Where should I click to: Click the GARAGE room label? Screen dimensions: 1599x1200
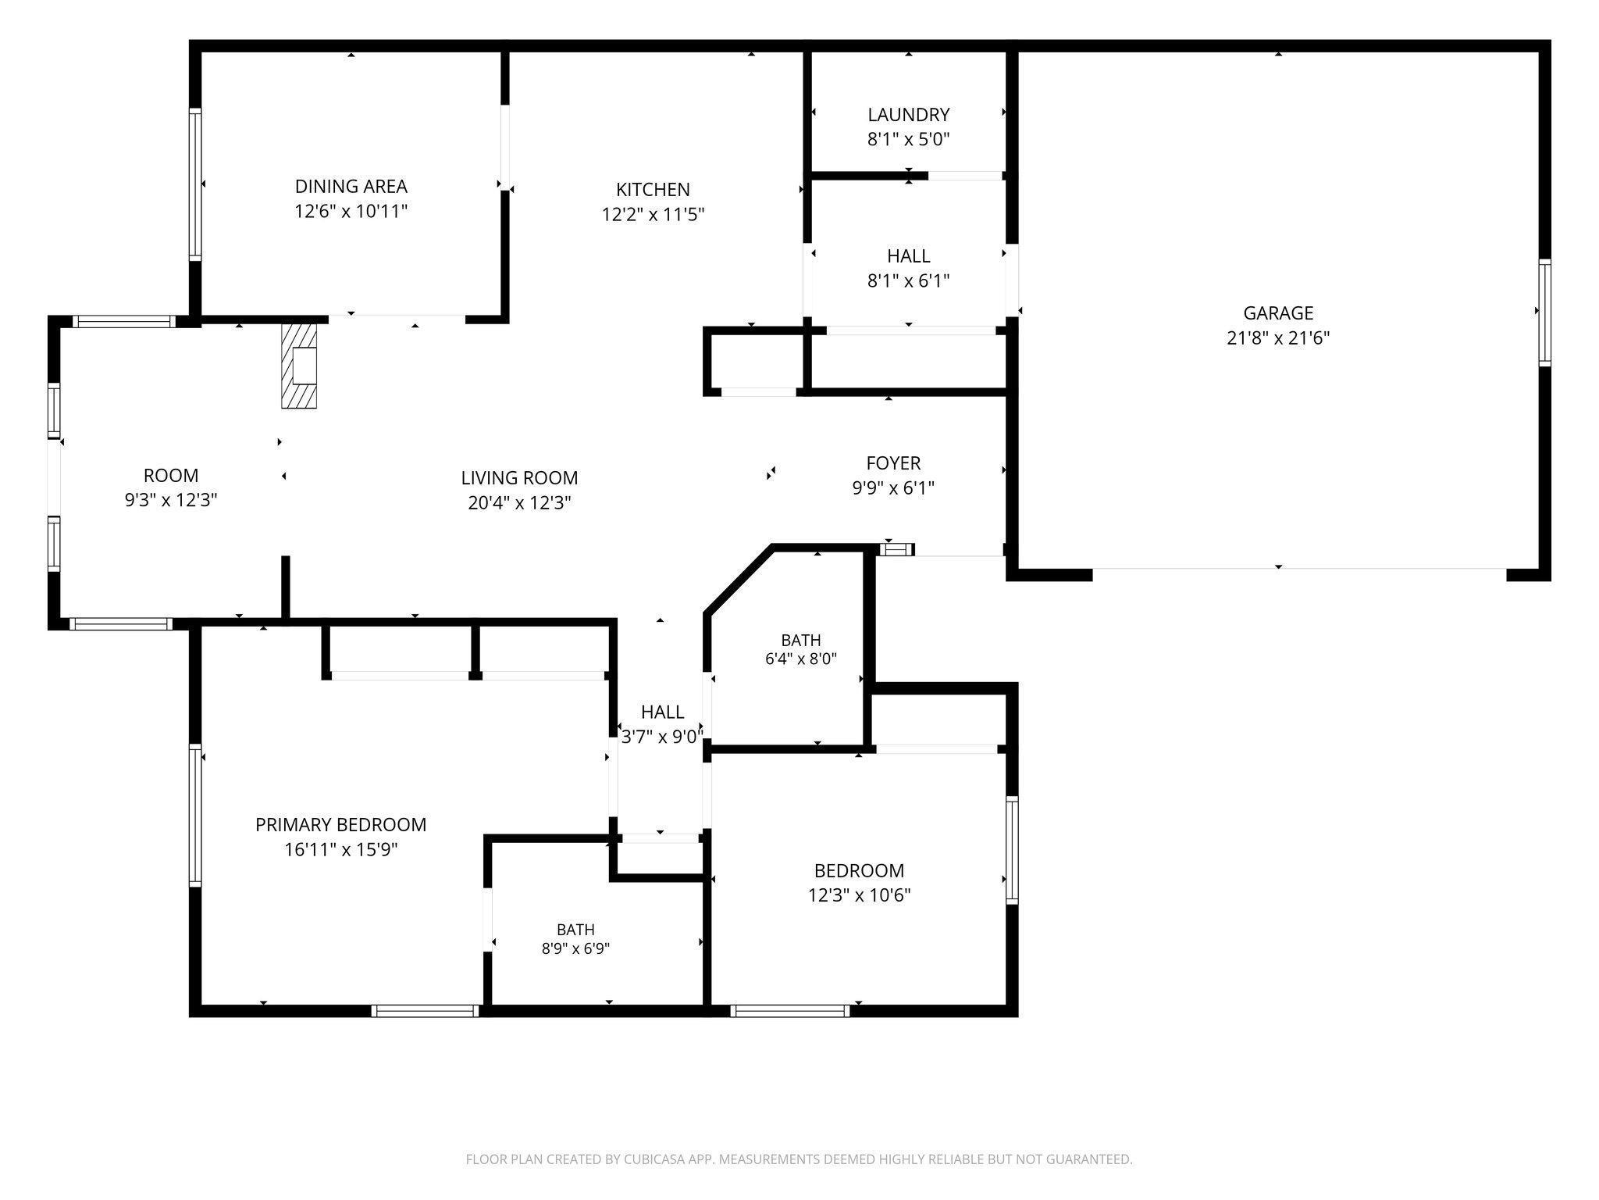click(1278, 313)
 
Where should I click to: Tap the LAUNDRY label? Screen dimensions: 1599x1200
click(909, 115)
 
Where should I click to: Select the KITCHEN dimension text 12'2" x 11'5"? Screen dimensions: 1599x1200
click(653, 214)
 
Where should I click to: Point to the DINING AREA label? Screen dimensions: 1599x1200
click(351, 186)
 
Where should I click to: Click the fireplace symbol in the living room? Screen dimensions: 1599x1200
click(299, 366)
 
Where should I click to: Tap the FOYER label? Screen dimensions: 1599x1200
click(893, 463)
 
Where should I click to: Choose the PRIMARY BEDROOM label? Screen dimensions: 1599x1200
click(341, 824)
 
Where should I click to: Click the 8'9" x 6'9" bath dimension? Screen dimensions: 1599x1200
click(576, 948)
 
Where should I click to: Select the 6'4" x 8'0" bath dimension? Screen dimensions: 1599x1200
click(801, 659)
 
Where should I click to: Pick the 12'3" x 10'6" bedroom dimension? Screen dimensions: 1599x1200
click(860, 895)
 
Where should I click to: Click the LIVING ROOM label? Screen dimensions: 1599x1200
click(519, 477)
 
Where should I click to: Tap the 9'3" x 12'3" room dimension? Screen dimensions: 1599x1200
click(171, 500)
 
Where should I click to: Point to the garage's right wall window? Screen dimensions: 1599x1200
click(1544, 312)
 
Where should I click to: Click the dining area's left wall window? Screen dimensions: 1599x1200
click(195, 184)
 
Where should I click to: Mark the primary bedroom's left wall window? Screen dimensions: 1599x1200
click(195, 816)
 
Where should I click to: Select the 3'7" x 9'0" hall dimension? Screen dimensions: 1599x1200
click(662, 736)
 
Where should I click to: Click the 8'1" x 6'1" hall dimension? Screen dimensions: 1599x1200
click(909, 280)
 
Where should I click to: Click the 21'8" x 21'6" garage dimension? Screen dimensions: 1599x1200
click(1278, 338)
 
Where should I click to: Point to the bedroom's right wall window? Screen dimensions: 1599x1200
click(1013, 850)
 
